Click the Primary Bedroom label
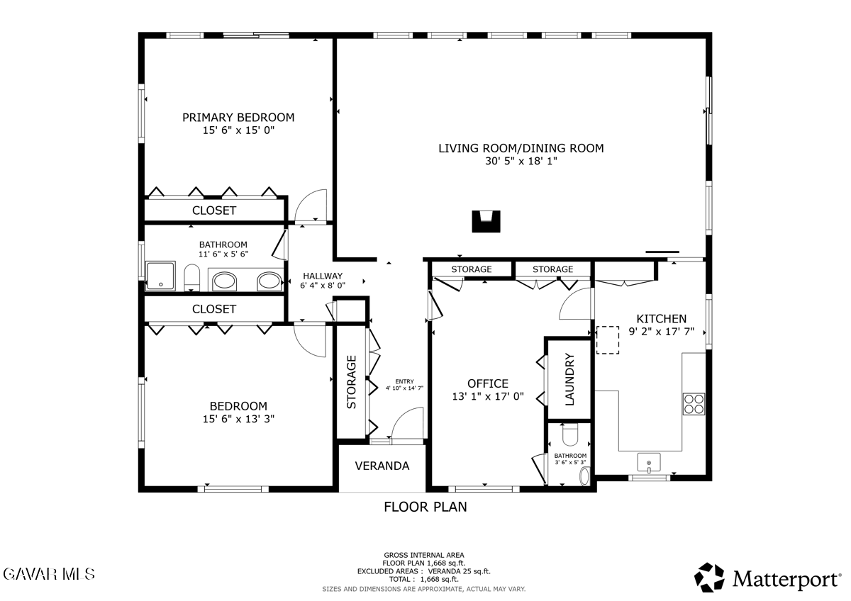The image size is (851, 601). click(x=238, y=118)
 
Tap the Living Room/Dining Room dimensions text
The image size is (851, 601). click(x=521, y=161)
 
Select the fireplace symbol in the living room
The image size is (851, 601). click(x=486, y=221)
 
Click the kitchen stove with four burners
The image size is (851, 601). click(x=694, y=403)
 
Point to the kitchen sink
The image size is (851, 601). click(x=648, y=462)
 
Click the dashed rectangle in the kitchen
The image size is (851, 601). click(x=608, y=340)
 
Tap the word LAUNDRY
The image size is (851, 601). click(x=569, y=379)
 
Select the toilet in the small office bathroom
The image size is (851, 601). click(x=570, y=435)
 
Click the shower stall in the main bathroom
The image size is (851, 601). click(x=160, y=276)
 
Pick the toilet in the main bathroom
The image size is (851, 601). click(x=192, y=278)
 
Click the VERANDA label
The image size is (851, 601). click(x=382, y=466)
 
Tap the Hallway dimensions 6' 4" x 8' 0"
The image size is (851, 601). click(x=323, y=286)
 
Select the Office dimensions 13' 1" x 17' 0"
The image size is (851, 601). click(x=488, y=396)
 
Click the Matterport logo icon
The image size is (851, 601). click(x=709, y=578)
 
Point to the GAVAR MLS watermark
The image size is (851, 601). click(x=49, y=574)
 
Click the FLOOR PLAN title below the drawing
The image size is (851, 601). click(x=425, y=507)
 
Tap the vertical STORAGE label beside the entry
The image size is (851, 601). click(x=352, y=382)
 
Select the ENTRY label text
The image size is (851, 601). click(x=404, y=381)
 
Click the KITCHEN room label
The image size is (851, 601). click(x=662, y=319)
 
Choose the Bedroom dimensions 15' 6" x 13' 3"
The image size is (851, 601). click(x=238, y=419)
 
